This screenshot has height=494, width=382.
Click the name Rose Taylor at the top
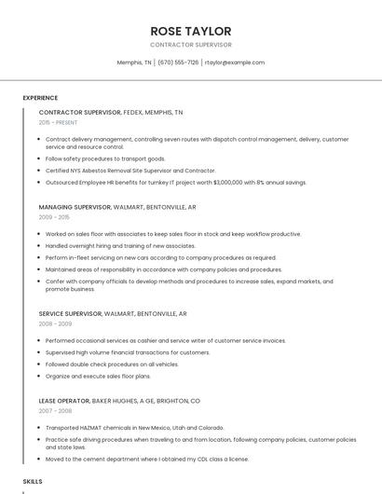pyautogui.click(x=190, y=31)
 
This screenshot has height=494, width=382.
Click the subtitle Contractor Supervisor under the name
pyautogui.click(x=190, y=45)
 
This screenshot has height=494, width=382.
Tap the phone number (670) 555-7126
pyautogui.click(x=178, y=62)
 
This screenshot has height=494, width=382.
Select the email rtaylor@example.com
pyautogui.click(x=235, y=62)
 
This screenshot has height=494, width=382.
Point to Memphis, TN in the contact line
pyautogui.click(x=134, y=62)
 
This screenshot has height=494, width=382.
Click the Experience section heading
pyautogui.click(x=40, y=98)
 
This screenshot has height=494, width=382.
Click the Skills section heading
pyautogui.click(x=33, y=481)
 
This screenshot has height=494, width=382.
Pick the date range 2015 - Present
pyautogui.click(x=58, y=122)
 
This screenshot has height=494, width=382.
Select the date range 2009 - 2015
pyautogui.click(x=54, y=217)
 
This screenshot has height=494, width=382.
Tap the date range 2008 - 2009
pyautogui.click(x=55, y=323)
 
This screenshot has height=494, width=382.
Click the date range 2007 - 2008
pyautogui.click(x=55, y=410)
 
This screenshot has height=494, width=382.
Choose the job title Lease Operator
pyautogui.click(x=64, y=400)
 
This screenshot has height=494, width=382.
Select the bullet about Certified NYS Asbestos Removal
pyautogui.click(x=130, y=171)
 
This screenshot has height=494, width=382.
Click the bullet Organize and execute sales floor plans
pyautogui.click(x=98, y=375)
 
